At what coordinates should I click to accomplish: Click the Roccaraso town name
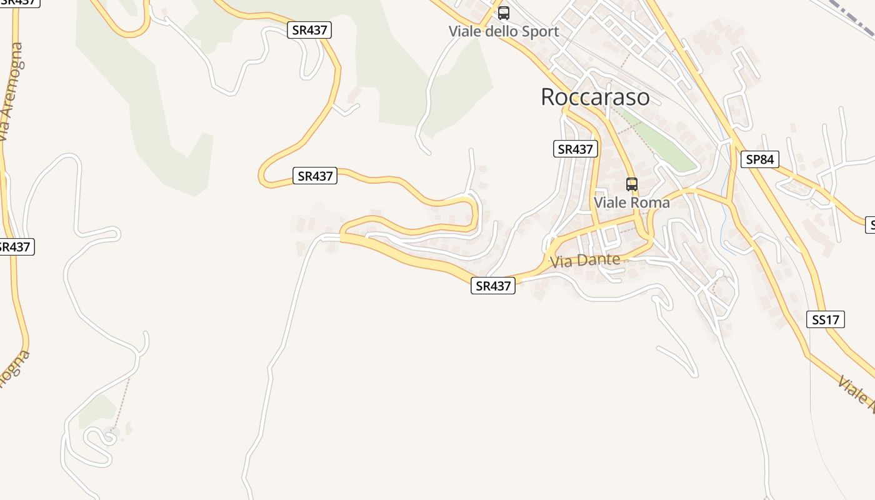(x=594, y=97)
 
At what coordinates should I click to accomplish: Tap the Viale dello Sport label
(x=504, y=31)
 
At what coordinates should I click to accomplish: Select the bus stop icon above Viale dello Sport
(x=504, y=12)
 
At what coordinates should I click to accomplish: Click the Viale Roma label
(x=631, y=202)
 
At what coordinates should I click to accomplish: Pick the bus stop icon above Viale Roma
(x=632, y=184)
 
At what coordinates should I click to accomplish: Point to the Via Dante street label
(x=586, y=261)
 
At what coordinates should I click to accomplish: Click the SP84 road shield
(x=759, y=159)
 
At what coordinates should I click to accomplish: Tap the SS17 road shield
(x=826, y=320)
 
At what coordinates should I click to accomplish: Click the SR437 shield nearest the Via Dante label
(x=493, y=286)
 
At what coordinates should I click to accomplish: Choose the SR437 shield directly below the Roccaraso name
(x=576, y=149)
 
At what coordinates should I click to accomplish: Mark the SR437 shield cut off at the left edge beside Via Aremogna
(x=15, y=246)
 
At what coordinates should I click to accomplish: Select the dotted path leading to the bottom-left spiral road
(x=122, y=400)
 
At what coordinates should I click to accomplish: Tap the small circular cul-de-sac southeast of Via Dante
(x=719, y=273)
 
